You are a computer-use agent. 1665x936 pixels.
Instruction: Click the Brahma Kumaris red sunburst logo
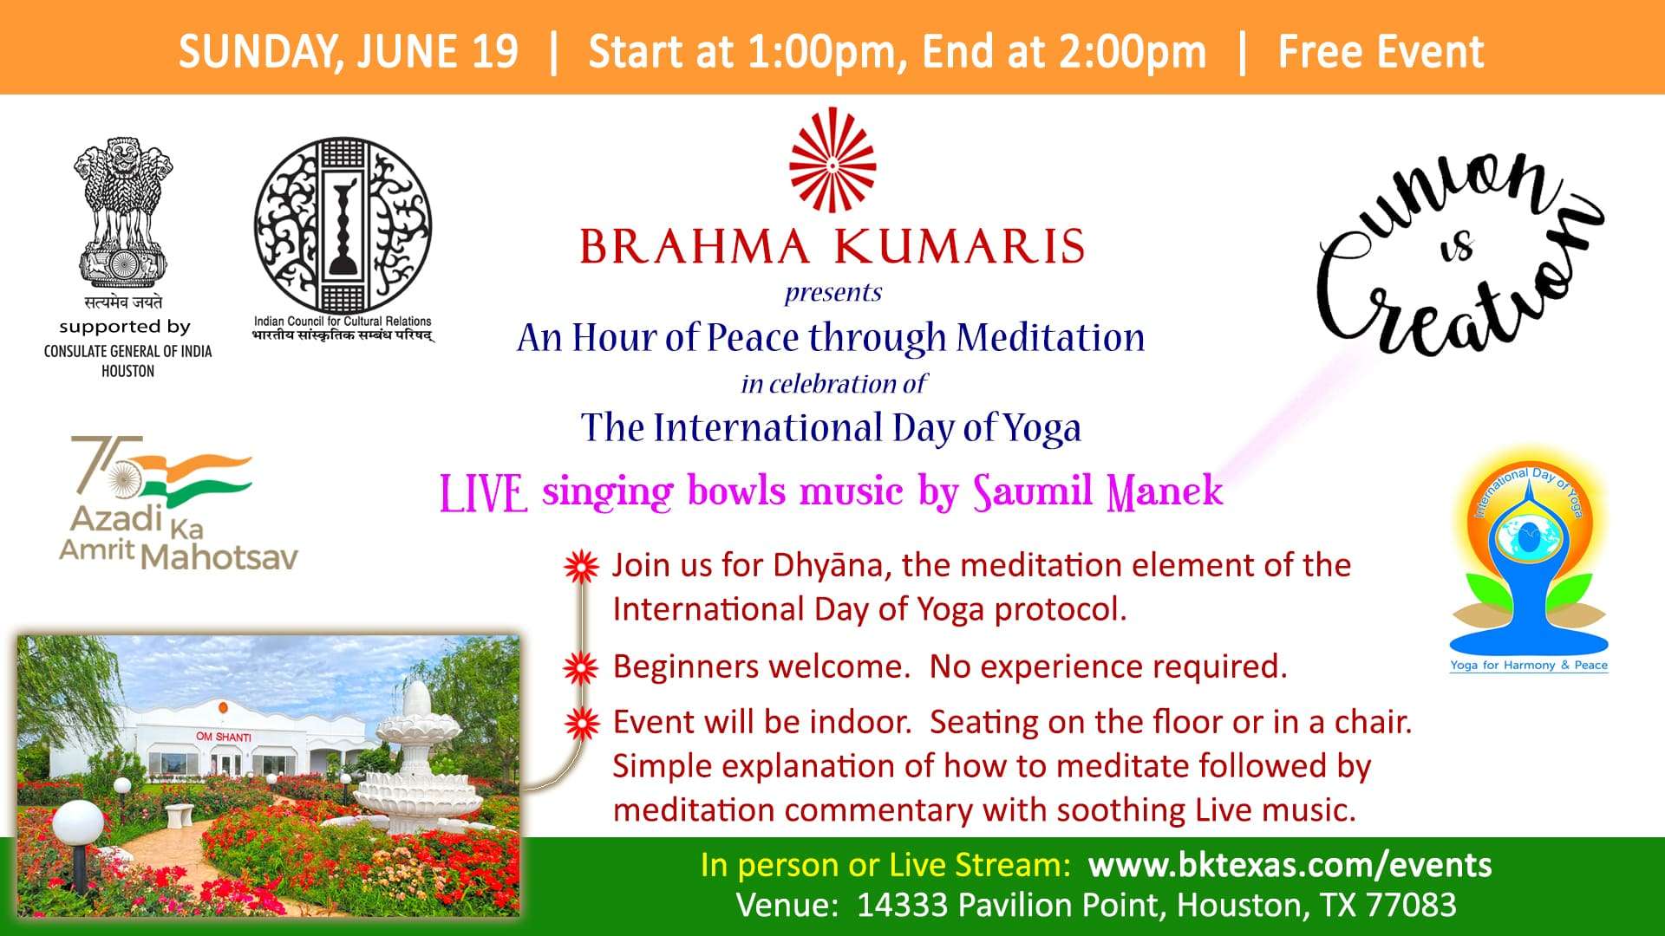[x=832, y=160]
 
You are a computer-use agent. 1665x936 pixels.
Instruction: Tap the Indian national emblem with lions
[x=123, y=213]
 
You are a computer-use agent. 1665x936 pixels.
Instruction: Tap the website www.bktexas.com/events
[x=1290, y=865]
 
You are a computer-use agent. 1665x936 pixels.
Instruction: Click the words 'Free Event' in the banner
[x=1381, y=51]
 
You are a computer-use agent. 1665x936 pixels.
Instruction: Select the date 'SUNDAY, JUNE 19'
[x=348, y=51]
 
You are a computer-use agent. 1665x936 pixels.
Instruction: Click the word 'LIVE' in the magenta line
[x=483, y=493]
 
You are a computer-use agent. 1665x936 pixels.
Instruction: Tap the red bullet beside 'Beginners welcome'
[x=581, y=667]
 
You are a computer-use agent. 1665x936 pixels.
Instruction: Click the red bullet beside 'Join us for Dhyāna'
[x=581, y=567]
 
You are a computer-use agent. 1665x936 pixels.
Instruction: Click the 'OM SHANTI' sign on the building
[x=224, y=737]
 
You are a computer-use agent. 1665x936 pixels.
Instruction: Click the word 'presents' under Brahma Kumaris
[x=833, y=293]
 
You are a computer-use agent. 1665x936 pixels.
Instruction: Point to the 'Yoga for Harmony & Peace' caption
[x=1529, y=665]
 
